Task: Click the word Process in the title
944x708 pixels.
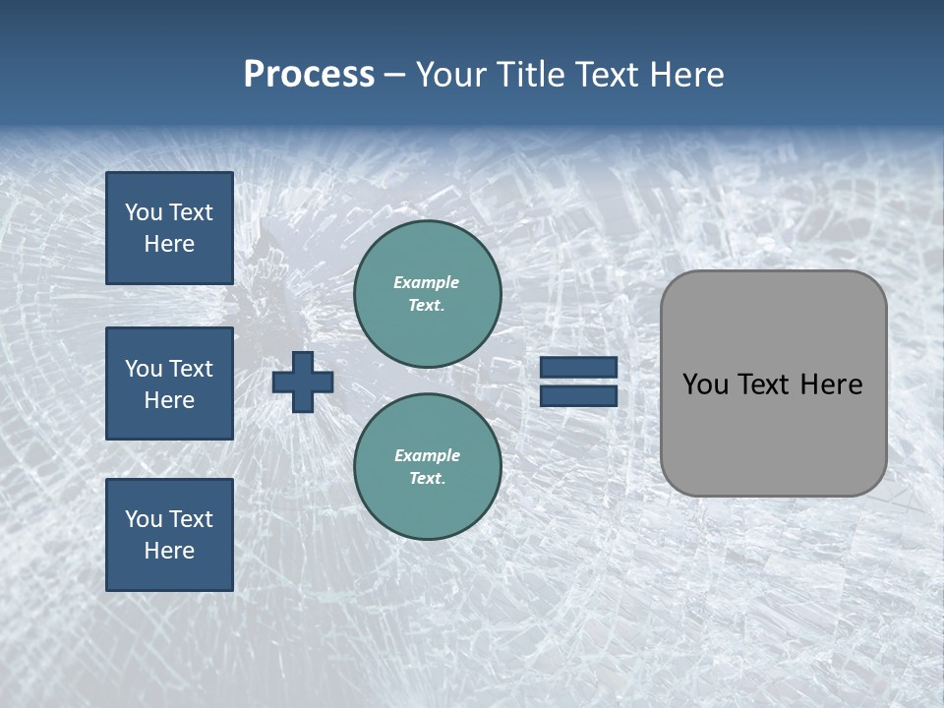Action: [x=309, y=75]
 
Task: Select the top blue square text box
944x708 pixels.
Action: [x=169, y=228]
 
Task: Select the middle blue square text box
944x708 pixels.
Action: [x=169, y=383]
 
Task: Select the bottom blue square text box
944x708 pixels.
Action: [x=169, y=535]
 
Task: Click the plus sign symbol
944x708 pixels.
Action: [x=303, y=382]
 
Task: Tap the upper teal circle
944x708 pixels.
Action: [x=428, y=293]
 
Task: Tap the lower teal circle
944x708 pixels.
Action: [x=428, y=466]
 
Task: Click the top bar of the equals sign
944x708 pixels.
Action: [x=579, y=367]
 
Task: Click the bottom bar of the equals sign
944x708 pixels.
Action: [x=579, y=396]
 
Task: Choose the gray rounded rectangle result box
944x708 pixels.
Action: [x=773, y=383]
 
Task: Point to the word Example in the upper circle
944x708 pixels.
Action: [x=427, y=282]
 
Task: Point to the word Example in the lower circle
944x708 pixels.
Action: [x=427, y=455]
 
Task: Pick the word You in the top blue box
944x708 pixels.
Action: [x=143, y=212]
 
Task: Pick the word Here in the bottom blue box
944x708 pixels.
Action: [x=169, y=551]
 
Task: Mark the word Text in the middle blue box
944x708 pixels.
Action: [x=191, y=369]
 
